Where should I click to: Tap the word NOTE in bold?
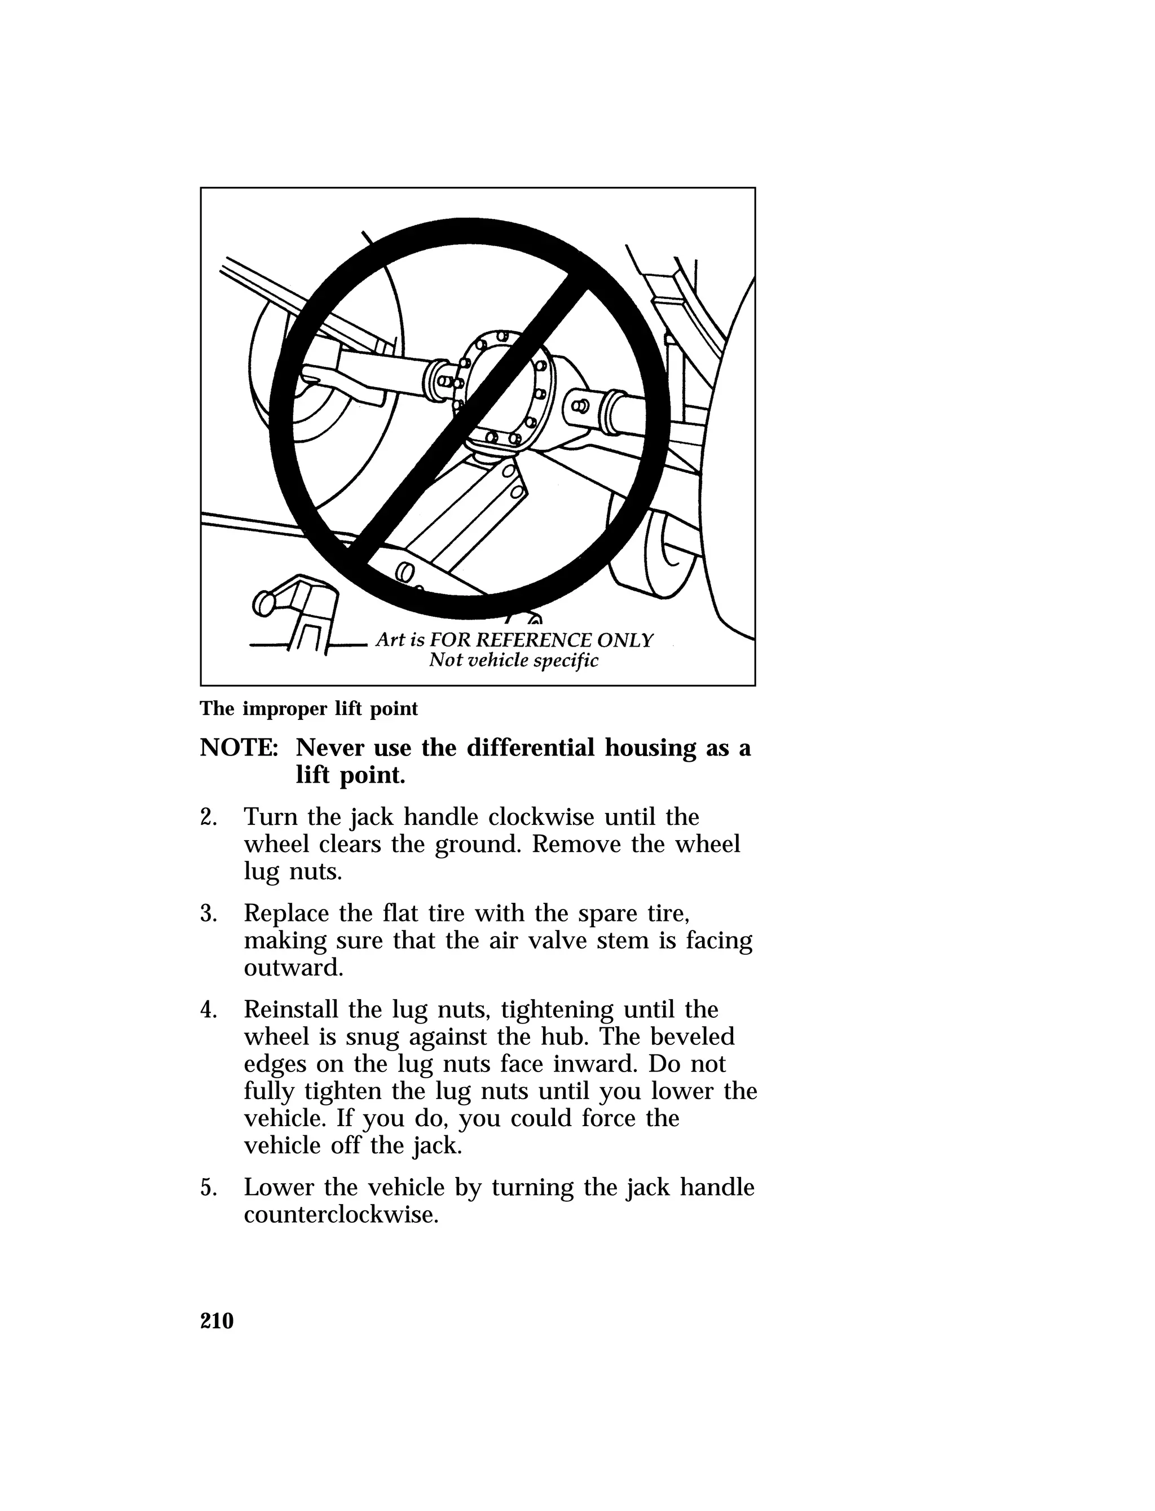[238, 748]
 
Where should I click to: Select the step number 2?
[208, 818]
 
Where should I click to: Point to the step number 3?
[208, 914]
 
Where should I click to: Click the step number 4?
[208, 1011]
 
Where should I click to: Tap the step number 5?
[208, 1188]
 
